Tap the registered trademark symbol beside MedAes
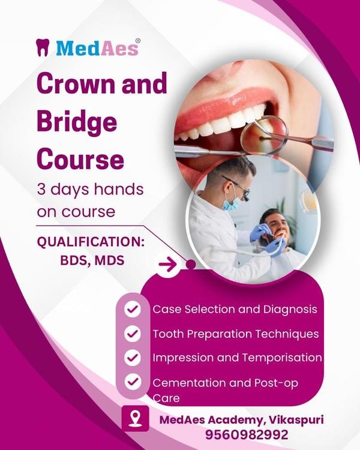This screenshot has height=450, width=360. [x=138, y=41]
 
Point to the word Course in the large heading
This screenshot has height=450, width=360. [x=80, y=159]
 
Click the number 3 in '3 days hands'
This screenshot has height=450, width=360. [x=41, y=190]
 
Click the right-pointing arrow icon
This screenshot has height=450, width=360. [x=169, y=263]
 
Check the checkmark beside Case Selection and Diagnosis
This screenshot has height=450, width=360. [x=132, y=310]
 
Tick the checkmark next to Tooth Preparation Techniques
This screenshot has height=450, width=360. [x=132, y=334]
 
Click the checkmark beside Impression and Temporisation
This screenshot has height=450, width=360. [x=132, y=357]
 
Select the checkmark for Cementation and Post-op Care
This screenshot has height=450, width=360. [x=132, y=382]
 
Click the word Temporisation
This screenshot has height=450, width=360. [x=281, y=357]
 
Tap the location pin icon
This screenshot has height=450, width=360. [x=136, y=419]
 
